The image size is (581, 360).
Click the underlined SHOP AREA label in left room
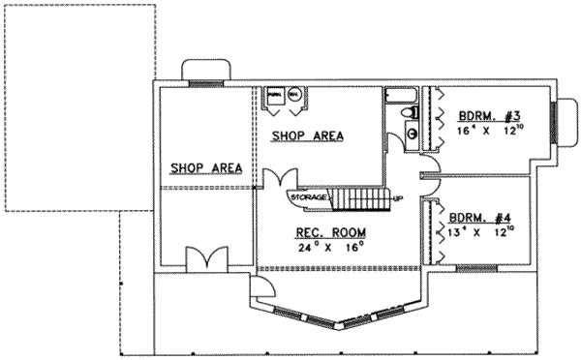pos(204,168)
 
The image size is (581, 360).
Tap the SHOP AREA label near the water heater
pos(307,136)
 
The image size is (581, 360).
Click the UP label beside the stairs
pos(396,199)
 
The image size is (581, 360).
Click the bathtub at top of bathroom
pos(400,96)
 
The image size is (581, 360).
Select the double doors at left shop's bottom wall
pos(205,258)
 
